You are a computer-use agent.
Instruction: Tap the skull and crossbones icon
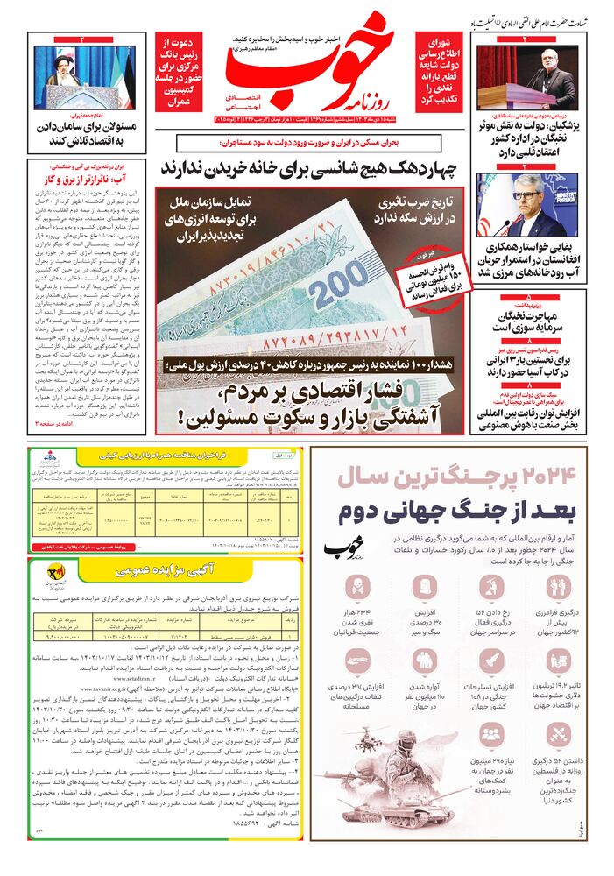tap(357, 586)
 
